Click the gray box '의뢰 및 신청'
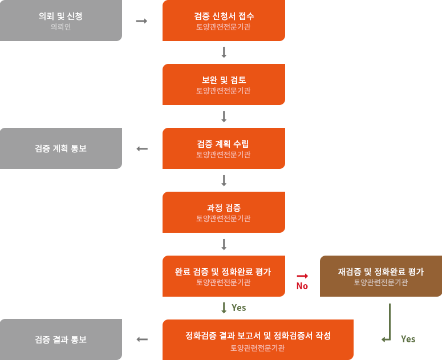[61, 21]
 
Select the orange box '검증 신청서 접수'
[224, 21]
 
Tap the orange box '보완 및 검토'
[224, 84]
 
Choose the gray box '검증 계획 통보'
[61, 148]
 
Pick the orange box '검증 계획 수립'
[224, 148]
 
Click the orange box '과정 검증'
[224, 212]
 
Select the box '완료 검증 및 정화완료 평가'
[224, 276]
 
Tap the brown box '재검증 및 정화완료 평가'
[380, 276]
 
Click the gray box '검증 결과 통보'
[61, 339]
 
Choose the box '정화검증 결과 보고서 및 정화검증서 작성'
[258, 339]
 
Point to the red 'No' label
[302, 286]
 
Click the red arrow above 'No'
[302, 276]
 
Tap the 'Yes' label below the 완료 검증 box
[239, 308]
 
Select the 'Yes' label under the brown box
[408, 339]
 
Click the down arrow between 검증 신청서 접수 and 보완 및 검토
[224, 52]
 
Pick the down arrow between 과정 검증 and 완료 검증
[224, 244]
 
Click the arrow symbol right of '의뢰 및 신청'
[142, 21]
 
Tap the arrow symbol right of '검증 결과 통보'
[142, 339]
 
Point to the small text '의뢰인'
[61, 27]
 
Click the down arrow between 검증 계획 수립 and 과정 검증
[224, 180]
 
